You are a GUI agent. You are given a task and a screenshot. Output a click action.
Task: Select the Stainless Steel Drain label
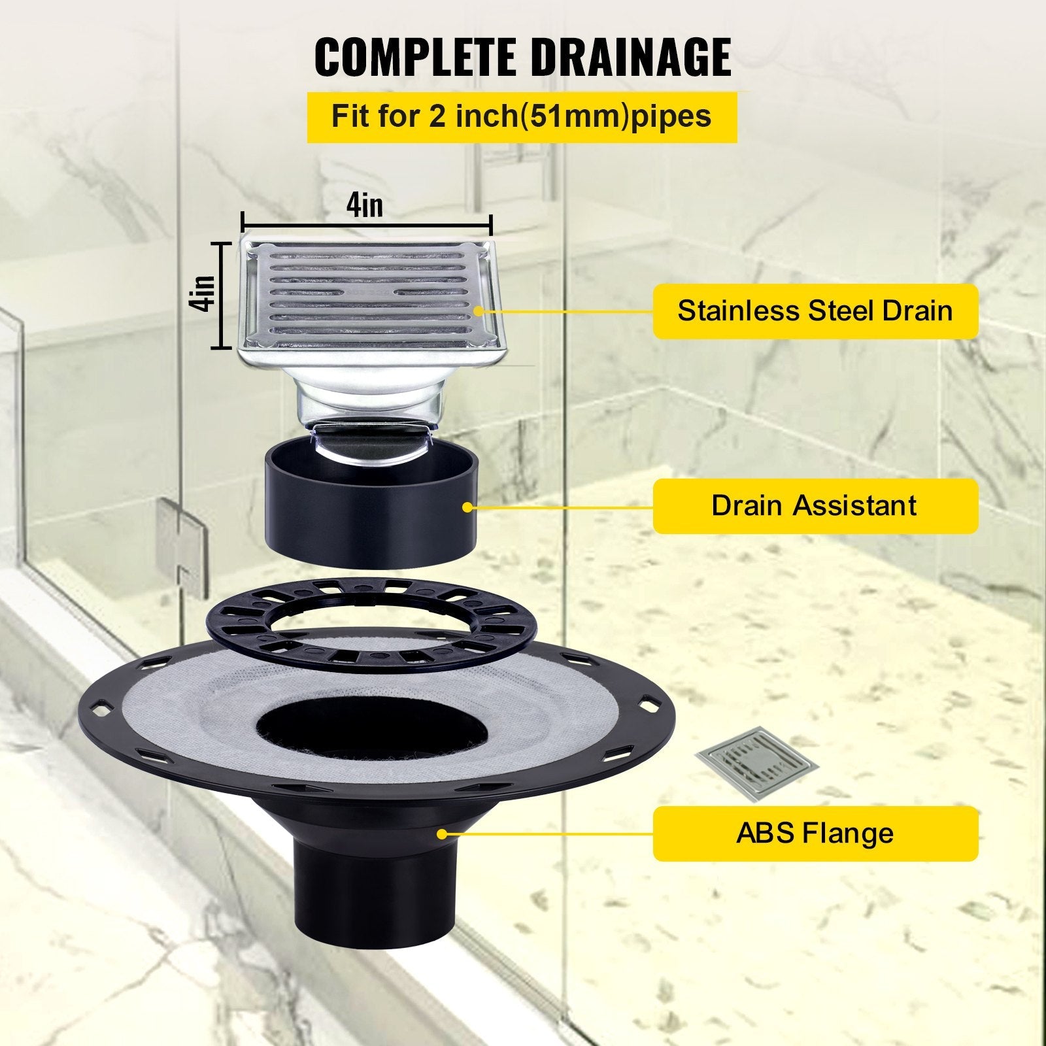[815, 311]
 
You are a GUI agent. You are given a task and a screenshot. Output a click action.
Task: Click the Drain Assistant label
[815, 505]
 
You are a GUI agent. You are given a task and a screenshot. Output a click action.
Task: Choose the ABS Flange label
[815, 834]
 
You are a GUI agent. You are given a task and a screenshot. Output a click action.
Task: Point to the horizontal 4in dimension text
[365, 205]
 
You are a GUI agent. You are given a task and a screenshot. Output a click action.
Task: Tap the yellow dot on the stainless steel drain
[484, 312]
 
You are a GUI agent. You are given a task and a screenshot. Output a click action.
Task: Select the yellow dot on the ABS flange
[443, 834]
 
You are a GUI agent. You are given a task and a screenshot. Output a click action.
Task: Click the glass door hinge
[178, 539]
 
